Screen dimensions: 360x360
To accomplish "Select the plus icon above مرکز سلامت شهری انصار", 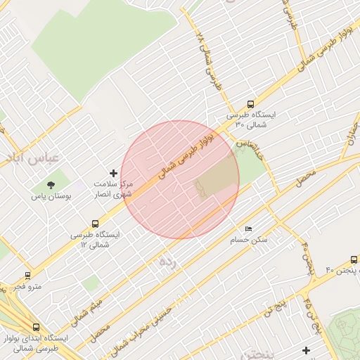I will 113,173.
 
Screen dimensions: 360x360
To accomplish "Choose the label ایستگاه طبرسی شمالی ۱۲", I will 96,239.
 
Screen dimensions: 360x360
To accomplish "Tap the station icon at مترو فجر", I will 27,276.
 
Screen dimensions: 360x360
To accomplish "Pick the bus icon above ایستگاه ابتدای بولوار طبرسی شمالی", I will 36,328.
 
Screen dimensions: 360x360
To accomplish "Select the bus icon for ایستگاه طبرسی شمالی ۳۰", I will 250,104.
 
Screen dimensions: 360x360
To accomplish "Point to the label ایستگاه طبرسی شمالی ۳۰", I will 251,119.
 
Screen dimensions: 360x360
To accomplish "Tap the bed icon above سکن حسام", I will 248,229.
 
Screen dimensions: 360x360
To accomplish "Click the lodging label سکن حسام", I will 250,240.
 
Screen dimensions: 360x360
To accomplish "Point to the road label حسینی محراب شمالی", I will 145,326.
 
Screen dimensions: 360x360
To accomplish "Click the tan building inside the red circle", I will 214,178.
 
